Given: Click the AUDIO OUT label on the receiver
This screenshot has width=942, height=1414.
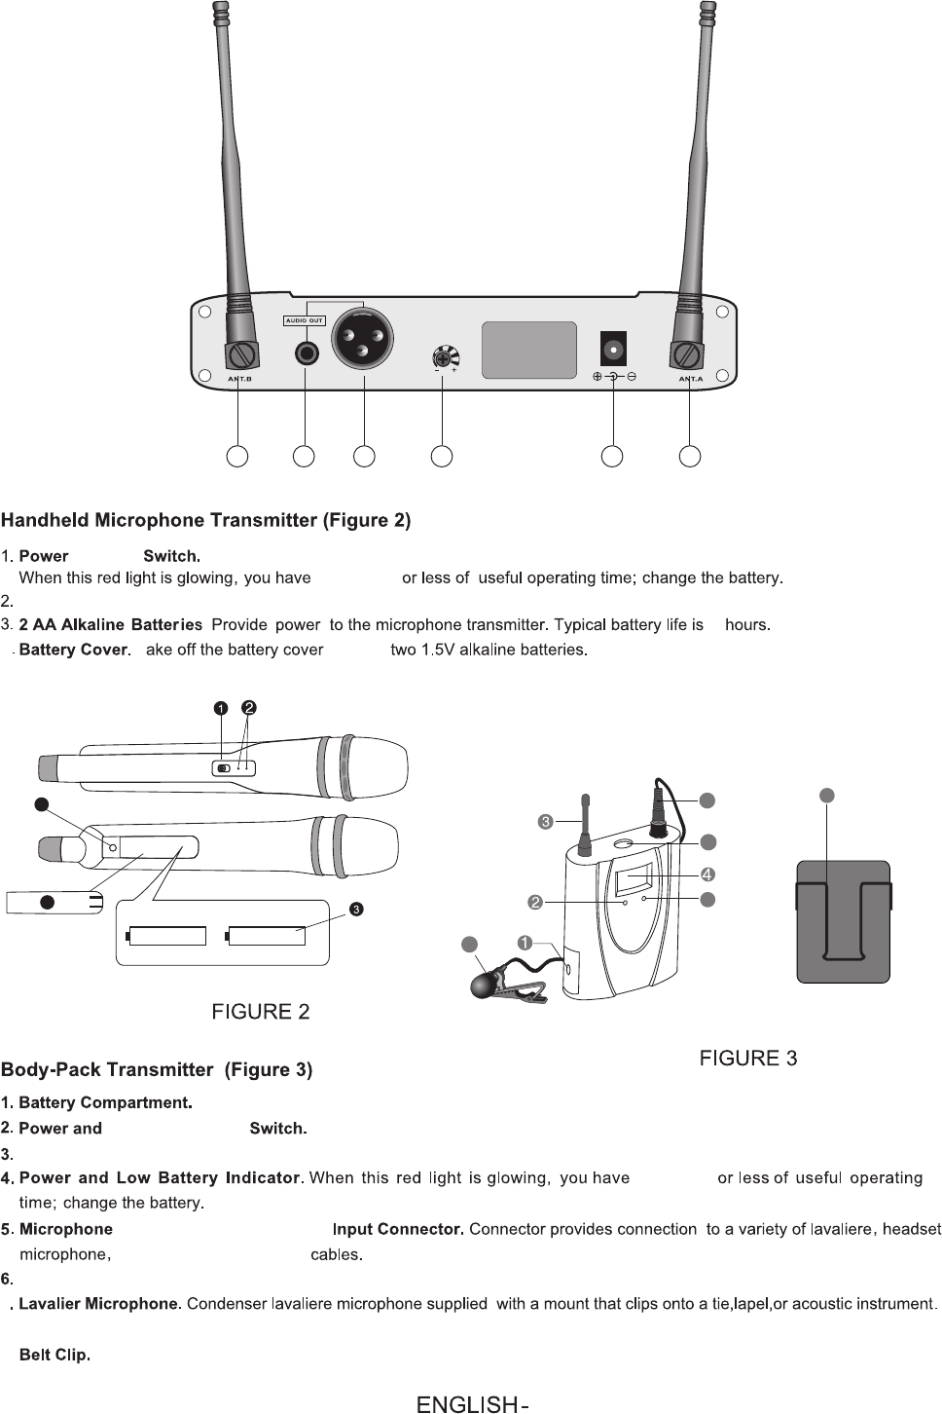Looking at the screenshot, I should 304,320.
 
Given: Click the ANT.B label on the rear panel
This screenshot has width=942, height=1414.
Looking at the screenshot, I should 239,379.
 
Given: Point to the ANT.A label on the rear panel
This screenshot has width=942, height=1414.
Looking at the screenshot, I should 690,379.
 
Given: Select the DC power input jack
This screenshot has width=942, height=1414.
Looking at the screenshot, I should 613,348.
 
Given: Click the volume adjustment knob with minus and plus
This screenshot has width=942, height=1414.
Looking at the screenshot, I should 446,358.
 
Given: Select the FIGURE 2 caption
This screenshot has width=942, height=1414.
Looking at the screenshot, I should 261,1012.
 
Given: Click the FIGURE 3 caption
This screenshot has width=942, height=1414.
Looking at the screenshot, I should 749,1059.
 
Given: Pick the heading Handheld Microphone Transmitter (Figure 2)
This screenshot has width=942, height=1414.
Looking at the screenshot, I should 206,520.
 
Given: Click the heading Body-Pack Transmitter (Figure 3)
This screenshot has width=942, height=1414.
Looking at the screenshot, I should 157,1070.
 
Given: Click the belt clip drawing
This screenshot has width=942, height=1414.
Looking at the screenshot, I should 843,921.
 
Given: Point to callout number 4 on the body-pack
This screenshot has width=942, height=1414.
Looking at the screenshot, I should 708,874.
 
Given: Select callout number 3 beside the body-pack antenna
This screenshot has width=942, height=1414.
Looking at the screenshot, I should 546,822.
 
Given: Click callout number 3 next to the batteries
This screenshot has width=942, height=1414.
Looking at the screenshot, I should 357,910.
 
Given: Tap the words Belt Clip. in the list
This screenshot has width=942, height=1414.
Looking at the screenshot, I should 54,1355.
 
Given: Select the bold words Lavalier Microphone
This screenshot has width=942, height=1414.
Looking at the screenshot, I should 99,1304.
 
